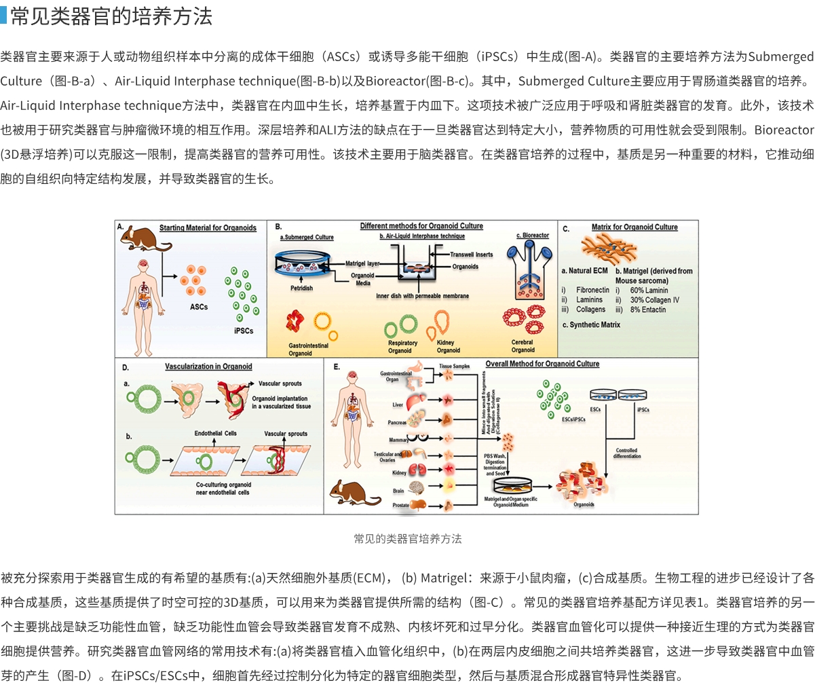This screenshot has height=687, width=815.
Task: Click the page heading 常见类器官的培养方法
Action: click(x=111, y=16)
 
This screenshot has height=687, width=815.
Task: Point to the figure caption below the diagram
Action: click(x=407, y=538)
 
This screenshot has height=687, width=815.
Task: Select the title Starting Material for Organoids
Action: click(x=208, y=228)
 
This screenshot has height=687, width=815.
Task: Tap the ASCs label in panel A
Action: click(x=199, y=307)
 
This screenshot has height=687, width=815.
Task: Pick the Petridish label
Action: click(x=301, y=288)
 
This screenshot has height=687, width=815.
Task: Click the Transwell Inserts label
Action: click(x=471, y=255)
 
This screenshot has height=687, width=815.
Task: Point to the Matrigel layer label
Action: click(x=362, y=263)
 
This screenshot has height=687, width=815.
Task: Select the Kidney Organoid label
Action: click(x=448, y=346)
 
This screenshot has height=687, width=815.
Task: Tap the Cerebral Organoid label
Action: click(x=523, y=346)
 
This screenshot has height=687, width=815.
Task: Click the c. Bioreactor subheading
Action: click(x=533, y=236)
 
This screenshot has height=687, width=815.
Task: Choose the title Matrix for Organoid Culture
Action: click(x=634, y=227)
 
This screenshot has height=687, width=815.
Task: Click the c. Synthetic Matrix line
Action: click(x=591, y=325)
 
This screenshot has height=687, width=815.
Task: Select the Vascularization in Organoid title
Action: click(x=208, y=367)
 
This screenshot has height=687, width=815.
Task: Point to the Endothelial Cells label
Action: click(x=216, y=433)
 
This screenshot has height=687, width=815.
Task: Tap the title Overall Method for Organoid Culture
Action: click(x=542, y=364)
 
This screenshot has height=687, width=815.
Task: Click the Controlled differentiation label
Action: click(x=626, y=453)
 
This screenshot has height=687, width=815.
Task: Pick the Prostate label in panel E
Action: click(x=400, y=505)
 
